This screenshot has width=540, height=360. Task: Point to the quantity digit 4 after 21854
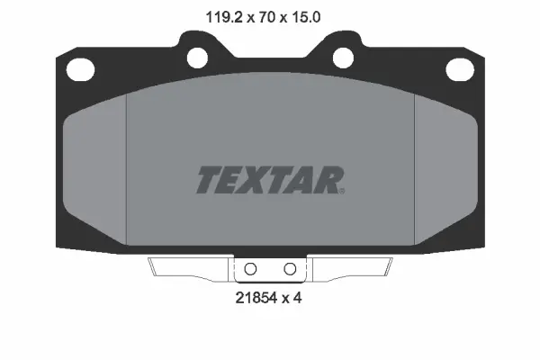296,297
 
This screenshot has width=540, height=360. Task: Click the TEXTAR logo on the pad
268,179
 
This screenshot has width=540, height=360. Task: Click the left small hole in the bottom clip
251,269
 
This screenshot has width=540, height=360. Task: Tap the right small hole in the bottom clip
289,269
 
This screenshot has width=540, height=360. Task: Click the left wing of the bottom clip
190,268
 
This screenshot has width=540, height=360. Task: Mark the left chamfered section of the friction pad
96,171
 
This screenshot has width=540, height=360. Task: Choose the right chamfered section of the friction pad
443,171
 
